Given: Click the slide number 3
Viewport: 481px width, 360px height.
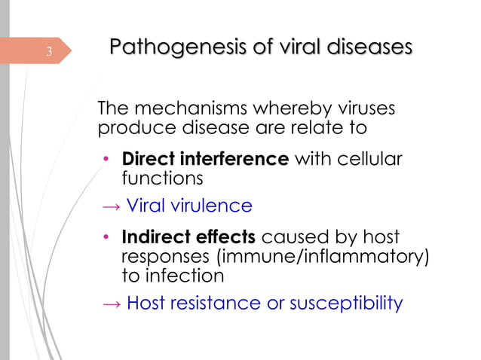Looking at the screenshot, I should tap(48, 52).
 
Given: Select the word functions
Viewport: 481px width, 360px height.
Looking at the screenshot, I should tap(162, 178).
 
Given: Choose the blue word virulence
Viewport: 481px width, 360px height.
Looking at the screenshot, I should tap(213, 206).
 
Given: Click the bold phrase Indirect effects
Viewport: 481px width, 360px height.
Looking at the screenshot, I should tap(188, 237).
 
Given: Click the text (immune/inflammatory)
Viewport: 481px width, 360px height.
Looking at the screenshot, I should tap(323, 257).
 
